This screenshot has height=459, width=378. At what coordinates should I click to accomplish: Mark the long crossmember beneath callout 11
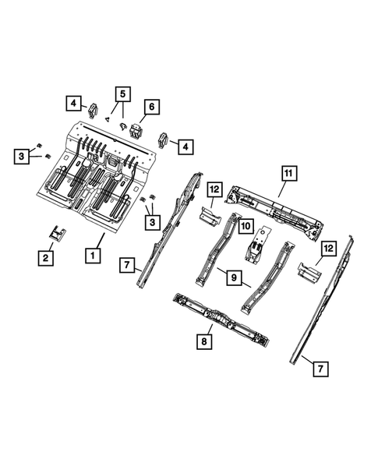click(273, 209)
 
